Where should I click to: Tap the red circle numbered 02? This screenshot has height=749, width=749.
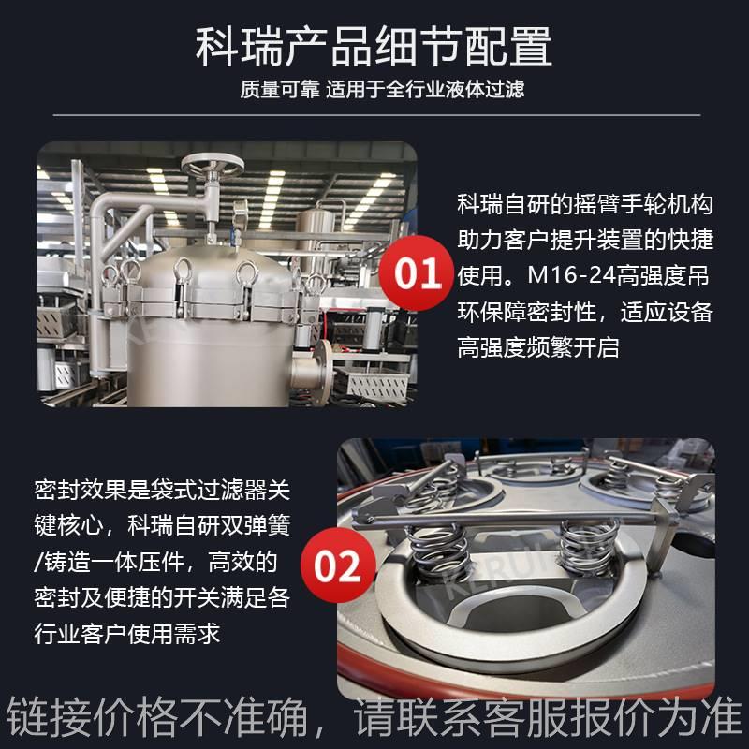pyautogui.click(x=336, y=565)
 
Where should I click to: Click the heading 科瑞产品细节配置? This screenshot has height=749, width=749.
pyautogui.click(x=374, y=47)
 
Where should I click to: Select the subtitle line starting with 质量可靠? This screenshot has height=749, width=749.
pyautogui.click(x=374, y=91)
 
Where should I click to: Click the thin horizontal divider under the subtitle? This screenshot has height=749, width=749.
pyautogui.click(x=374, y=114)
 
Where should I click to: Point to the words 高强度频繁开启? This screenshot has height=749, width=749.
pyautogui.click(x=538, y=347)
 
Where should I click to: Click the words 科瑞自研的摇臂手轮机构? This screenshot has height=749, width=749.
pyautogui.click(x=585, y=203)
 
